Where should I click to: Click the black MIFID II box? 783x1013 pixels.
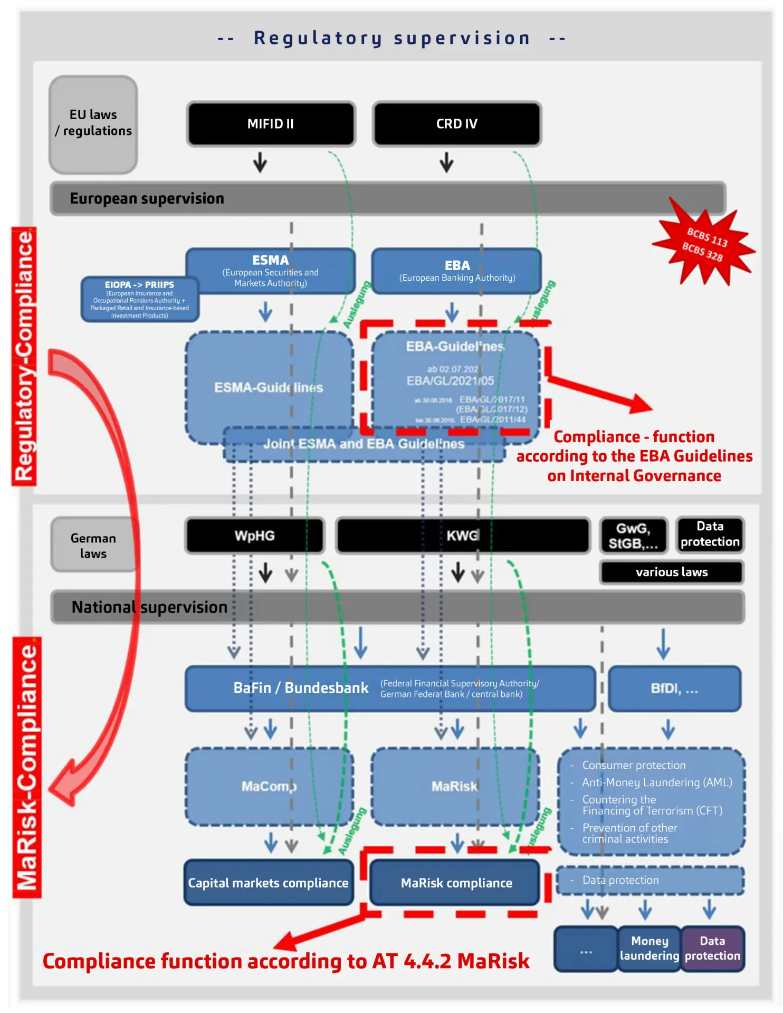point(271,124)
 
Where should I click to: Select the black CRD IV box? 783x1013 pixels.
point(457,124)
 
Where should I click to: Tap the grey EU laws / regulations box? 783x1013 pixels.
point(93,124)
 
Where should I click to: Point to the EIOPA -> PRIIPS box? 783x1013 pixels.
point(139,299)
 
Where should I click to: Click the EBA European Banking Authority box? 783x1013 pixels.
point(457,271)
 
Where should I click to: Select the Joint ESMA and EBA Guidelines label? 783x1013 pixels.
point(364,444)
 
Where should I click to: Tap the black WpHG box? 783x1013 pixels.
point(255,536)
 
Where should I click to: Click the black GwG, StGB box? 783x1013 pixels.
point(634,536)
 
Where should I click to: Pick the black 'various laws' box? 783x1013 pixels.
point(672,572)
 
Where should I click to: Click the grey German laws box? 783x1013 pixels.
point(93,545)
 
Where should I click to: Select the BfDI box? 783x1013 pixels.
point(674,689)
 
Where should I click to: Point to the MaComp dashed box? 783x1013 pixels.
point(269,786)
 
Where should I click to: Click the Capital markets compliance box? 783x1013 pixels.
point(269,883)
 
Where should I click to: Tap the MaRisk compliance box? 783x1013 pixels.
point(456,883)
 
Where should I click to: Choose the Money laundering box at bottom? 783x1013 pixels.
point(650,948)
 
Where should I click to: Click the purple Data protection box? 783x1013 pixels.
point(712,948)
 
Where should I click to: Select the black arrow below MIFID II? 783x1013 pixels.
point(260,163)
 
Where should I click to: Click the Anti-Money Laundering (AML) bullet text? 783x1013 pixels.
point(657,782)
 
